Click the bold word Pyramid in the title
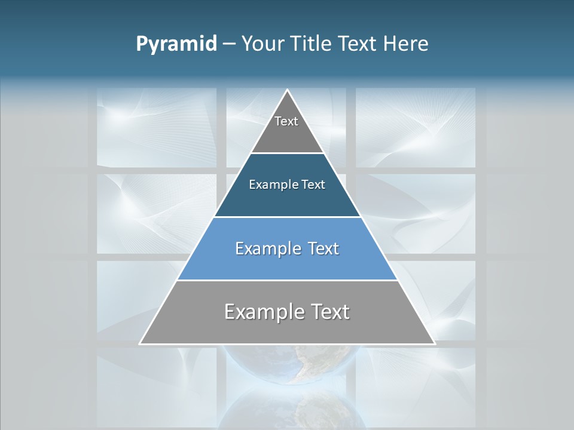point(176,44)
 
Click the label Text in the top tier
point(286,121)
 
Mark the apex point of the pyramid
point(288,90)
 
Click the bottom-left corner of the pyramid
point(140,343)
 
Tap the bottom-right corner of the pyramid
point(435,343)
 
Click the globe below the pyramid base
point(287,361)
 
